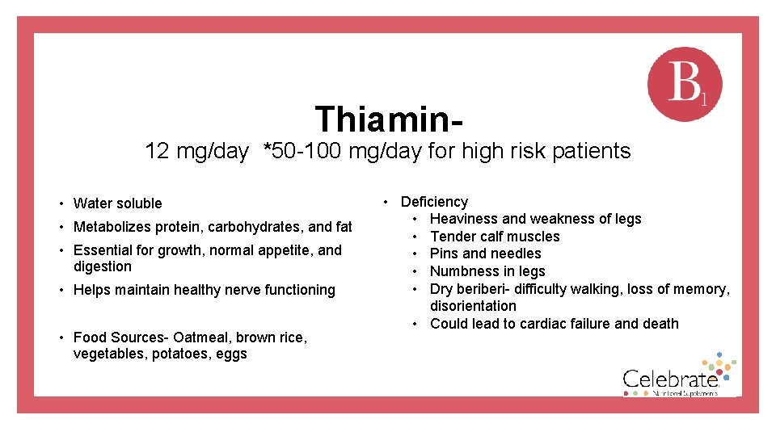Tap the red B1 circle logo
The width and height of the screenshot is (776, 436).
tap(685, 84)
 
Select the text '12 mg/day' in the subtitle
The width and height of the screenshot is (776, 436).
tap(196, 151)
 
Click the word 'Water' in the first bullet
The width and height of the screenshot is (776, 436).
tap(91, 203)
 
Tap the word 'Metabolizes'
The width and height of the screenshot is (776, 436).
tap(112, 227)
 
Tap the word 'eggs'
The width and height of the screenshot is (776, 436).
tap(232, 354)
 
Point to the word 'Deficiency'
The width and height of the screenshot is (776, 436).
tap(434, 202)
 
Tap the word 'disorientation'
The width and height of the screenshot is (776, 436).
tap(473, 306)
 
